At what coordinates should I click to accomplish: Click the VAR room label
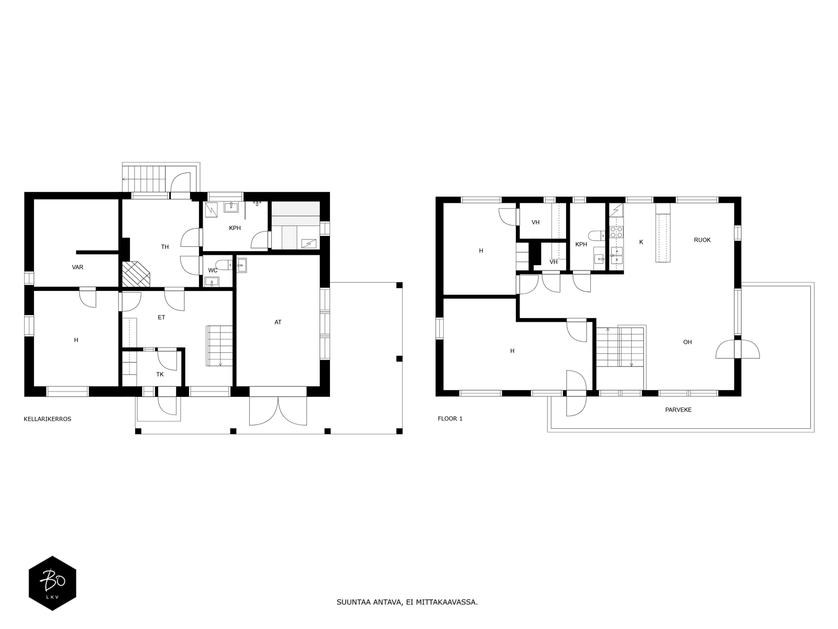pyautogui.click(x=78, y=267)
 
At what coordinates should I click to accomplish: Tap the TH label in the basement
pyautogui.click(x=165, y=247)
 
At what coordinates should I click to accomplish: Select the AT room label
pyautogui.click(x=278, y=322)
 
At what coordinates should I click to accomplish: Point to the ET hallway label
pyautogui.click(x=161, y=317)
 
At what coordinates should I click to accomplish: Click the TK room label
pyautogui.click(x=160, y=374)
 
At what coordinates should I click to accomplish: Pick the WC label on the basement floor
pyautogui.click(x=213, y=270)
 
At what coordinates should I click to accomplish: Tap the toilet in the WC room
pyautogui.click(x=224, y=264)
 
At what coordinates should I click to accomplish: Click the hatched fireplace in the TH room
pyautogui.click(x=136, y=274)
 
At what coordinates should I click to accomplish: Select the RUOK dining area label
pyautogui.click(x=702, y=240)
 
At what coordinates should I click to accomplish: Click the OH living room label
pyautogui.click(x=687, y=342)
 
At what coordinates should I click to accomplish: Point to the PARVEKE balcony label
pyautogui.click(x=678, y=410)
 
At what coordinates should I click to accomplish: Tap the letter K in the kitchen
pyautogui.click(x=641, y=242)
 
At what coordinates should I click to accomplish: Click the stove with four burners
pyautogui.click(x=616, y=232)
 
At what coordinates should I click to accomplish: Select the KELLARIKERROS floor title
pyautogui.click(x=47, y=419)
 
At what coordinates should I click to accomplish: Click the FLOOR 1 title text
pyautogui.click(x=450, y=419)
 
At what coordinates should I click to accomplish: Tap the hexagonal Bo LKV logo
pyautogui.click(x=52, y=583)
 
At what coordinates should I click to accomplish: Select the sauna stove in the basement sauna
pyautogui.click(x=308, y=243)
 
